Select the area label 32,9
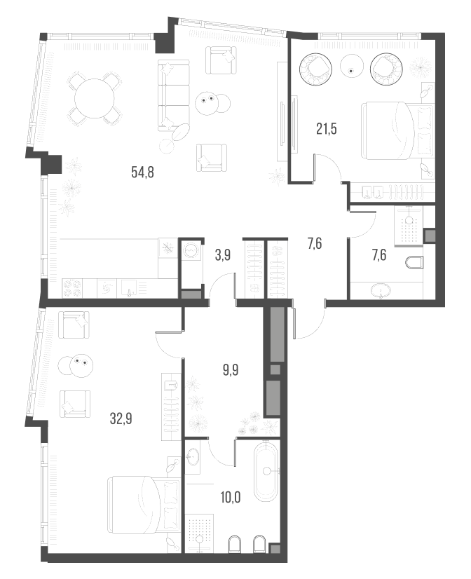122,420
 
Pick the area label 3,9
223,255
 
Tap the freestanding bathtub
266,472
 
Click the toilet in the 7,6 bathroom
414,264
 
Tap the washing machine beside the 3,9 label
191,248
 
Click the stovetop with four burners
73,287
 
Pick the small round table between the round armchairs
352,67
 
